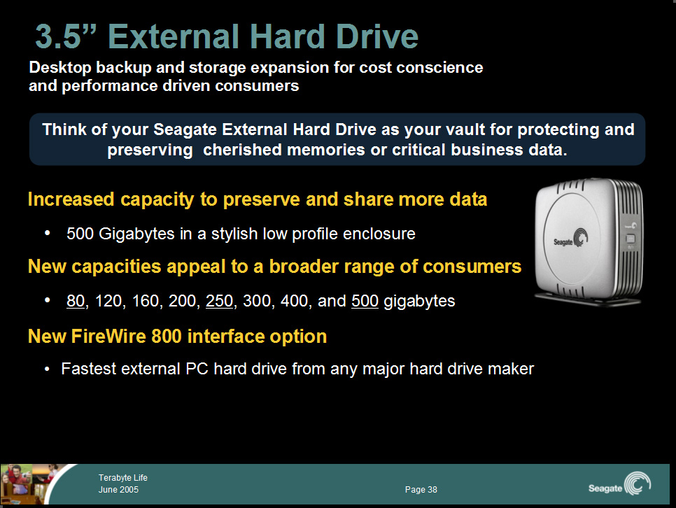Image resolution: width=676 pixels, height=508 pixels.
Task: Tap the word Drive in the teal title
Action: [x=377, y=36]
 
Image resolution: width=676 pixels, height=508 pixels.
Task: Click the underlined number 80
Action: [x=76, y=301]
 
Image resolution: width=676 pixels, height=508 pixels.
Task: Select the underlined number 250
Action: [x=220, y=301]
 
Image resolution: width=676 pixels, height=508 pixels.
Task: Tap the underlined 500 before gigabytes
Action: [x=365, y=301]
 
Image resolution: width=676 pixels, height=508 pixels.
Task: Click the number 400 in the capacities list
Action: [x=294, y=301]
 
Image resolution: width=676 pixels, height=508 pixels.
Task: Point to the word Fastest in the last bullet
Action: [x=88, y=369]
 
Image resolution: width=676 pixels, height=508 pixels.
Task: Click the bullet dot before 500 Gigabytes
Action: [x=48, y=233]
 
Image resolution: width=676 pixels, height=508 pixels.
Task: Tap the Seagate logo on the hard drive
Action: [x=571, y=239]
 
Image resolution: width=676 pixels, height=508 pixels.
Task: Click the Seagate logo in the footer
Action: [x=619, y=484]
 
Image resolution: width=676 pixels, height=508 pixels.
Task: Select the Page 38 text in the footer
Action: [x=421, y=489]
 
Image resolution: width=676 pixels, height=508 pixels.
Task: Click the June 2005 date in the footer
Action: [x=118, y=489]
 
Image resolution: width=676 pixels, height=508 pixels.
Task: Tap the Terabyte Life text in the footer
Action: [x=123, y=477]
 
